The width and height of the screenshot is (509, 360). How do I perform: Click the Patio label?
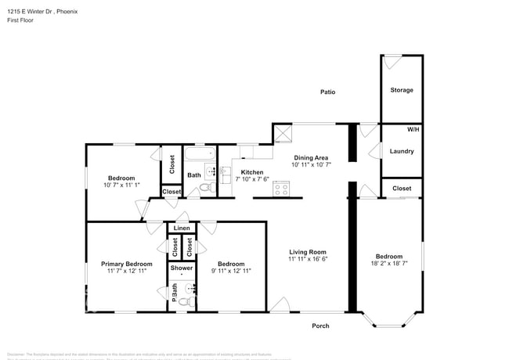coord(327,92)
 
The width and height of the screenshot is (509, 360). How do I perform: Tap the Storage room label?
coord(402,90)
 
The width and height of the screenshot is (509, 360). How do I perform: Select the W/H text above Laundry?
coord(413,128)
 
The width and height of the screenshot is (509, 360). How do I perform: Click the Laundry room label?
coord(402,151)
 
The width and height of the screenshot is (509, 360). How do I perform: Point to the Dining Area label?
coord(311,157)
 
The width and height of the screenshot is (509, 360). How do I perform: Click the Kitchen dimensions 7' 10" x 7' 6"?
coord(252,179)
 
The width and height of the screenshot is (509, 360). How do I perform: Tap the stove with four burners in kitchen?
coord(280,189)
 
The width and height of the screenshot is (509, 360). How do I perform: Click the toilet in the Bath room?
coord(206,189)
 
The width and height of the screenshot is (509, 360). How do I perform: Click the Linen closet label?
coord(182,228)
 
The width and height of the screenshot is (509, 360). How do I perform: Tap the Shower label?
coord(182,268)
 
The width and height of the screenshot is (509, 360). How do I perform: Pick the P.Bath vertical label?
coord(174,292)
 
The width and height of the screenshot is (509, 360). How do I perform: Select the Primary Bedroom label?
coord(126,264)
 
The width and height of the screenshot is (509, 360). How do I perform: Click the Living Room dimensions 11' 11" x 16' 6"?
coord(308,259)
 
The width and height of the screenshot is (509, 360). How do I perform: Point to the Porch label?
coord(320,326)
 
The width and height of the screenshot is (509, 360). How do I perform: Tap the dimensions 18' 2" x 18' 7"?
coord(389,264)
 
